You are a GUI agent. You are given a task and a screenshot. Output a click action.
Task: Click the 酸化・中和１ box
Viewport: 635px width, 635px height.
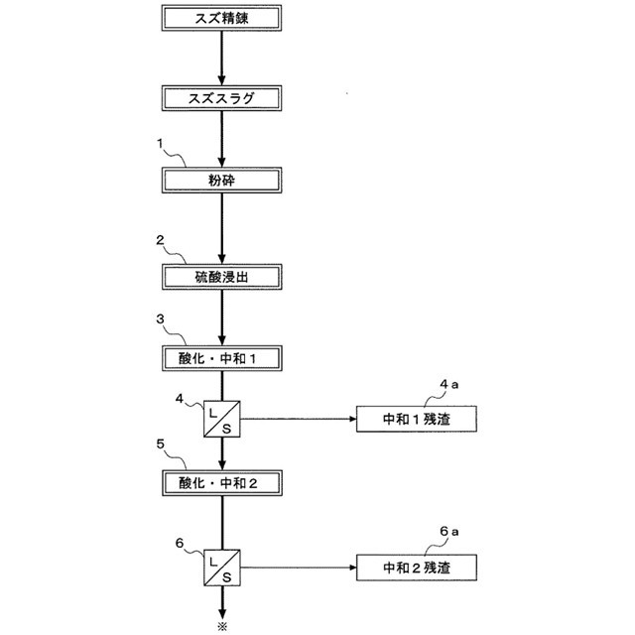[x=222, y=356]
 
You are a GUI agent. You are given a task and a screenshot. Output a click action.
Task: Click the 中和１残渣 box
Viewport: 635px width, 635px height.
[x=416, y=419]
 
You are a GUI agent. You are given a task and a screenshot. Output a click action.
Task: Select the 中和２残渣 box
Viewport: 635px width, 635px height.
[x=416, y=568]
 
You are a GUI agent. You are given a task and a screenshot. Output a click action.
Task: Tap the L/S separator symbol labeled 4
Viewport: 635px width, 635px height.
[x=222, y=419]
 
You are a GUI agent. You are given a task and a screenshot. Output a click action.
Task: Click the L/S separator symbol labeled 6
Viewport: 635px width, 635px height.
[x=222, y=568]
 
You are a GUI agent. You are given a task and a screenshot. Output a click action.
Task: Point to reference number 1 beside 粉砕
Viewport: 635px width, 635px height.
[x=159, y=144]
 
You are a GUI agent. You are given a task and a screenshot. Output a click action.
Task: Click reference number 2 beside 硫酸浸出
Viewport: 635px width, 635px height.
[x=159, y=239]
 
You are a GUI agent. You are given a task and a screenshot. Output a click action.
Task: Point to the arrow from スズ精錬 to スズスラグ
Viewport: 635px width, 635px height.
[x=222, y=58]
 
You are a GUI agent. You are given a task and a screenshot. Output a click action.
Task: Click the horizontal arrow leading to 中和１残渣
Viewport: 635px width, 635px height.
[x=298, y=419]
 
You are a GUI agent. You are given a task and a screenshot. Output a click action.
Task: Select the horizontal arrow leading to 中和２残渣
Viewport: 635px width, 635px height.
[x=298, y=568]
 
